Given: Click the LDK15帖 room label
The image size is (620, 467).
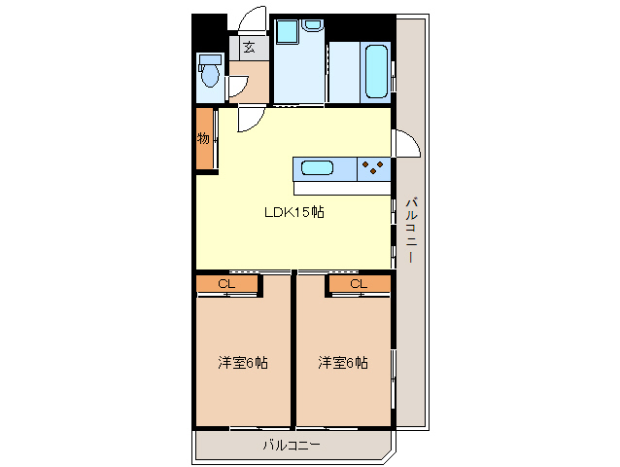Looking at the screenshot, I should pos(294,213).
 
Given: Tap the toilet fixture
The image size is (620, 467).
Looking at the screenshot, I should pos(208,71).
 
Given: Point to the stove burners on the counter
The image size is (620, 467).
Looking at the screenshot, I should pos(372,167).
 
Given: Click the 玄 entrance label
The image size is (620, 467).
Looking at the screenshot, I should pos(250,47).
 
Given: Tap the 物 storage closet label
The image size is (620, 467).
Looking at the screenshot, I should pos(204,138).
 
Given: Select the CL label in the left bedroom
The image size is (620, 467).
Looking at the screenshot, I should pos(226,283).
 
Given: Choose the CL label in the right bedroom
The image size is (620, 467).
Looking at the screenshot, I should pos(359,283).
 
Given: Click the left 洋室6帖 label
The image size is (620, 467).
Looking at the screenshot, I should pos(243,363).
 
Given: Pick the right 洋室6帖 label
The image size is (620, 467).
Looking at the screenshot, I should pos(343,363).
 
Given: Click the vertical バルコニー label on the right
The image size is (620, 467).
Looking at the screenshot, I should pos(411,230).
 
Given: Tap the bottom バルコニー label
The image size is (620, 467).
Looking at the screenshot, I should pos(292,446).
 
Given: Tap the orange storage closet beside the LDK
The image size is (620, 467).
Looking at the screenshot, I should pos(205,139).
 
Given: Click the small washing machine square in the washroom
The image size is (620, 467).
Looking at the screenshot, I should pos(287,31).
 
